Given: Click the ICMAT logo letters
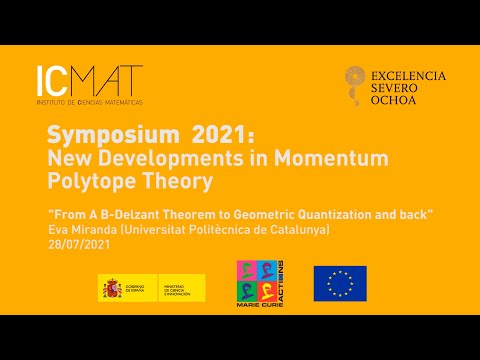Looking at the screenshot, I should [x=88, y=79].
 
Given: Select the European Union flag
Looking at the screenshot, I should [x=340, y=284].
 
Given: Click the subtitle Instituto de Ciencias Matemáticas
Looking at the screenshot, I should [x=88, y=102].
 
